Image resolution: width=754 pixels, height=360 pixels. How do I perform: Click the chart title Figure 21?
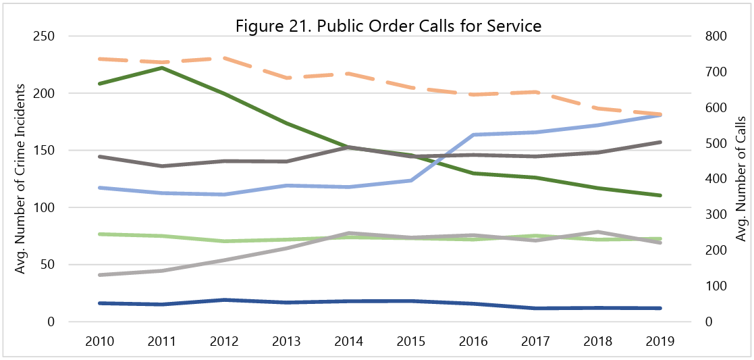tap(389, 26)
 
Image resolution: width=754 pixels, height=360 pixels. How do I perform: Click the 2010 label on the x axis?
tap(100, 341)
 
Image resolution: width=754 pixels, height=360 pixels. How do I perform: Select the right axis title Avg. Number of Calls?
tap(740, 179)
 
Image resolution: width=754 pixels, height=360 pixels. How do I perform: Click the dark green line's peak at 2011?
tap(162, 68)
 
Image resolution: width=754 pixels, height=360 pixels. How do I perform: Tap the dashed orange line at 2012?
tap(225, 58)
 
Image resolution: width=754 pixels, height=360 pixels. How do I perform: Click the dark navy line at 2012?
tap(225, 300)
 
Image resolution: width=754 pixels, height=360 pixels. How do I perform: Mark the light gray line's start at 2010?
tap(100, 275)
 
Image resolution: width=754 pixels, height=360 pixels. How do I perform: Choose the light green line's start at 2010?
tap(100, 234)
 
